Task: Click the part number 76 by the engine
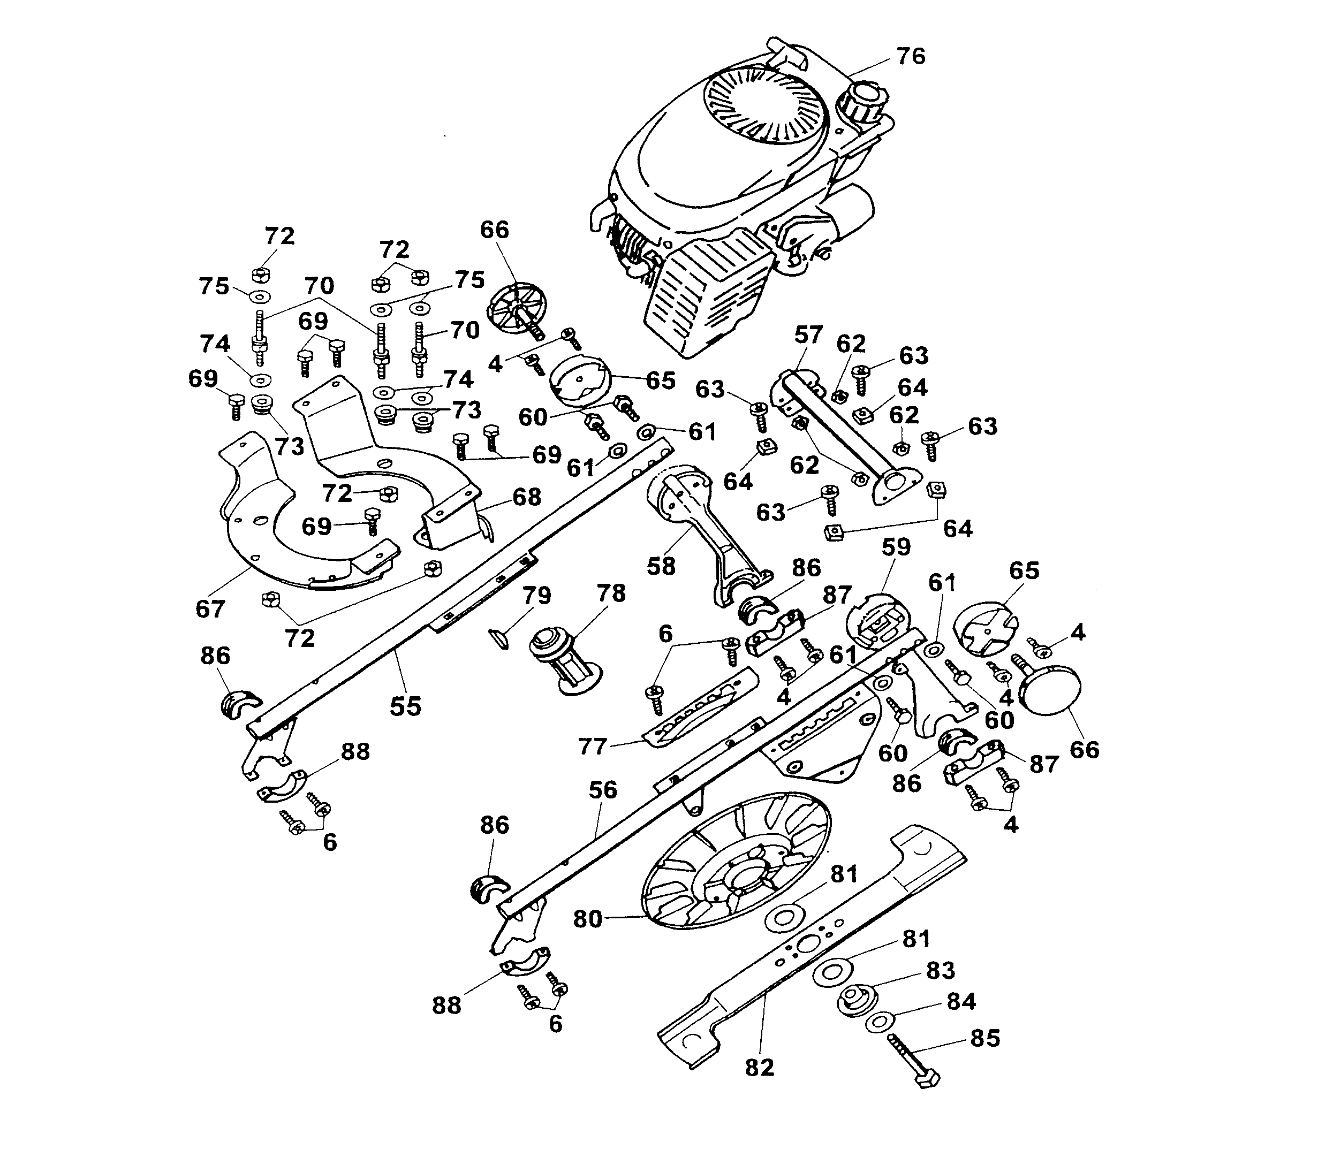click(x=911, y=57)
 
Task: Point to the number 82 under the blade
click(x=759, y=1068)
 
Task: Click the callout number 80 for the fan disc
click(x=587, y=919)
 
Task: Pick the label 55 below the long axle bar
click(x=406, y=706)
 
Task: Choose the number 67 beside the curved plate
click(x=210, y=608)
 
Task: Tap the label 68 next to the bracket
click(x=527, y=497)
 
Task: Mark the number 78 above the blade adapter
click(x=611, y=593)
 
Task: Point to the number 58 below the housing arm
click(x=661, y=566)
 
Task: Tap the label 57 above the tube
click(x=808, y=334)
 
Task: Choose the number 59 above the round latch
click(x=896, y=547)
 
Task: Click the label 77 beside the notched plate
click(x=592, y=747)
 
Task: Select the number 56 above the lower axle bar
click(x=603, y=790)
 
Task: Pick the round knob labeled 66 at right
click(x=1052, y=689)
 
